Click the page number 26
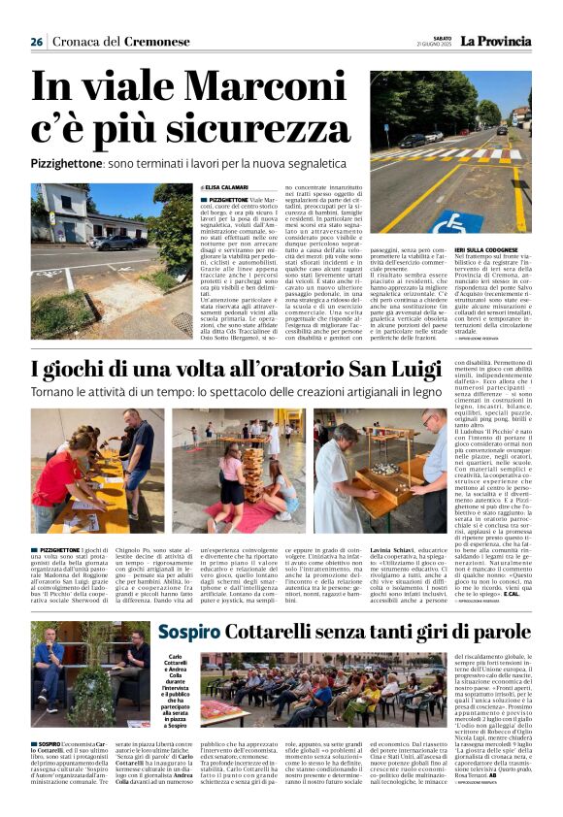coord(37,42)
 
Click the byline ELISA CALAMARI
coord(227,186)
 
